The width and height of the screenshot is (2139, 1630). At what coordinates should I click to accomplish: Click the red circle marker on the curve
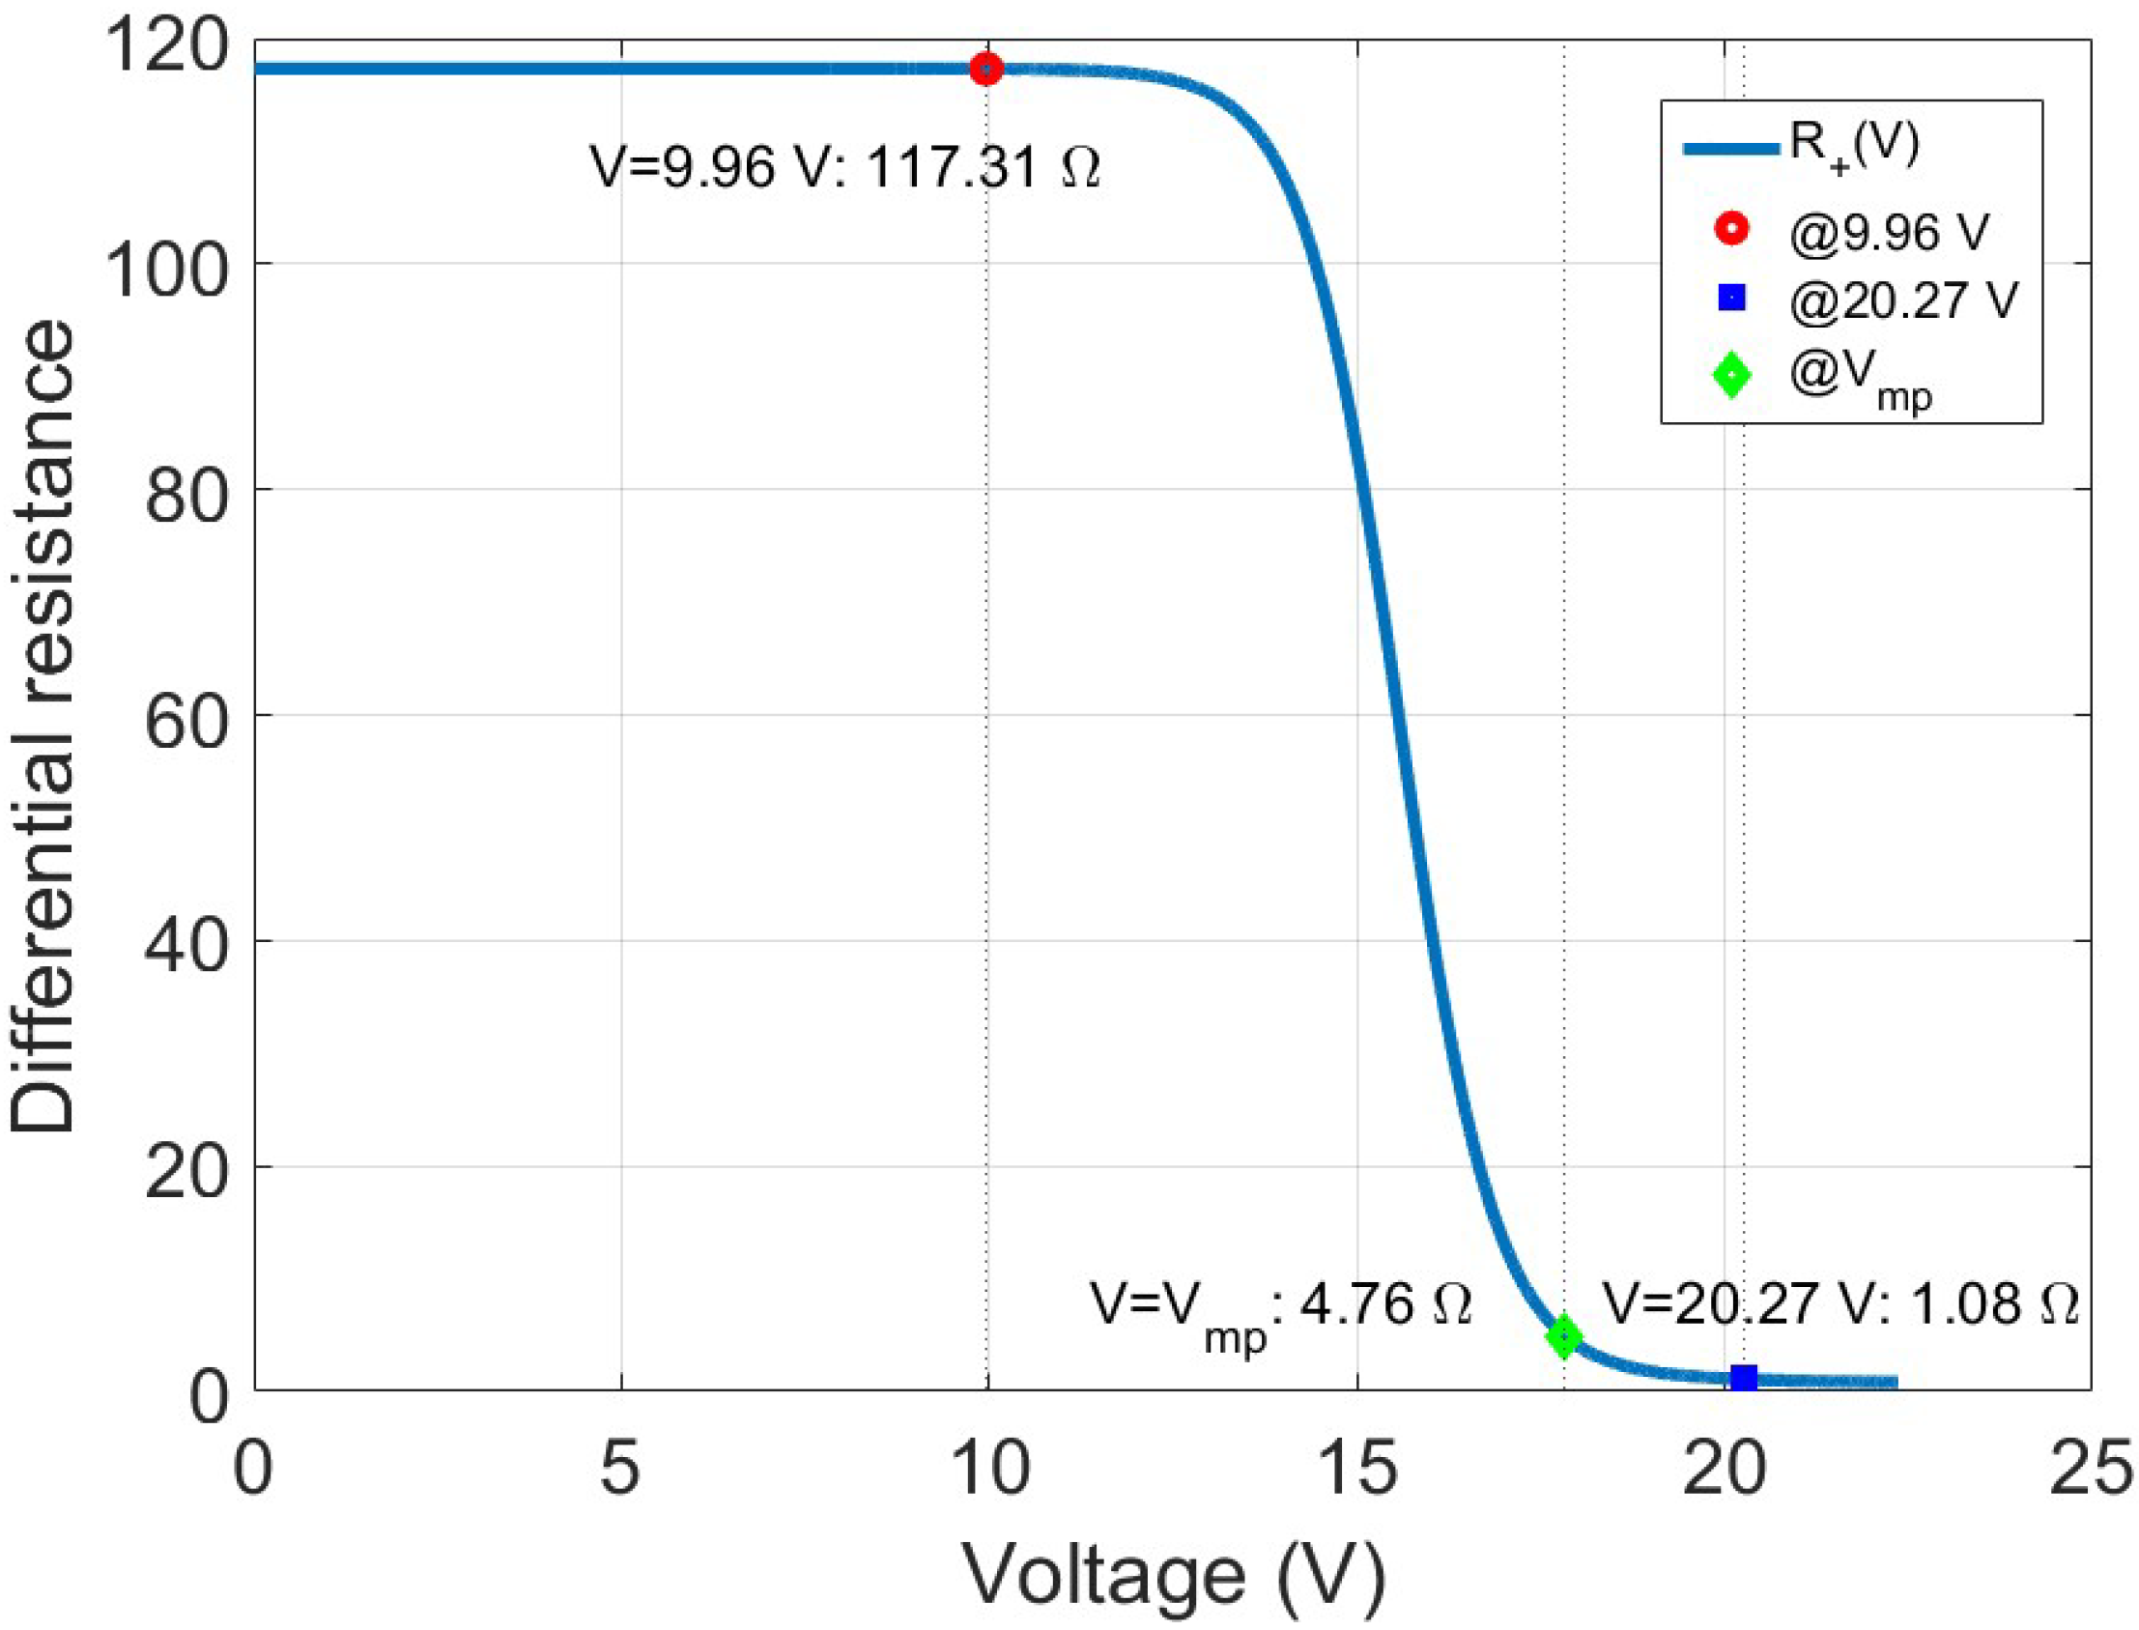point(986,69)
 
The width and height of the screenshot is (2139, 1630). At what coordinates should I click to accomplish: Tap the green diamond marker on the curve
point(1564,1337)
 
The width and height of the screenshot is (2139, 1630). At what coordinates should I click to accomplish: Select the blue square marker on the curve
point(1744,1377)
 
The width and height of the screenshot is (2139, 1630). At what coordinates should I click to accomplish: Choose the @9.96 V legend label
point(1889,232)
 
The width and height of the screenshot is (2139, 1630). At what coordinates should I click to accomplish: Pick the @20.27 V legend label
point(1903,299)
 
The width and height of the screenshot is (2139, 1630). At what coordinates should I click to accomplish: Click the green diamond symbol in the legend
point(1731,375)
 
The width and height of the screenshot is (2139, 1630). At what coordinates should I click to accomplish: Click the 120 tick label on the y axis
point(166,45)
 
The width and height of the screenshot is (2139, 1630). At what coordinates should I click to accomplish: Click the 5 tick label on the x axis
point(620,1467)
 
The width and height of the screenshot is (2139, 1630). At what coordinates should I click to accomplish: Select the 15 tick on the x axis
point(1356,1467)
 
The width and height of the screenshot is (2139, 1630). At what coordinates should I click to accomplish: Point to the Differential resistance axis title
point(43,728)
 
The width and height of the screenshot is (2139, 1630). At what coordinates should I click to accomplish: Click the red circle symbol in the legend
point(1731,229)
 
